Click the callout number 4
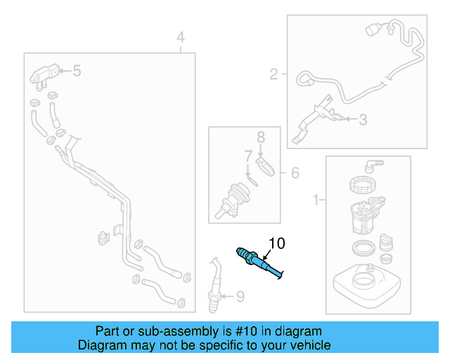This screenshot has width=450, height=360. [x=181, y=37]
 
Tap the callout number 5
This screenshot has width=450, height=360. [x=77, y=70]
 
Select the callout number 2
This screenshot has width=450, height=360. [x=275, y=72]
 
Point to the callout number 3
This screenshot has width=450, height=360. [x=363, y=120]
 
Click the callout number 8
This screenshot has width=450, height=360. [x=259, y=136]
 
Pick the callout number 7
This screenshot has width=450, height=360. [x=247, y=155]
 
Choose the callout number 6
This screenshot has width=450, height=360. [x=295, y=173]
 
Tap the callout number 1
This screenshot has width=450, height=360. [x=315, y=200]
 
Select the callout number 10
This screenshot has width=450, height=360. [x=276, y=243]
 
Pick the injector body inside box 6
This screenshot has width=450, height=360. [x=237, y=197]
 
